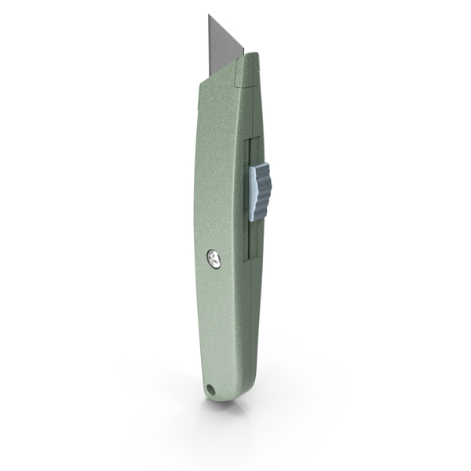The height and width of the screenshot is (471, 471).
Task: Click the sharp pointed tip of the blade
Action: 210,16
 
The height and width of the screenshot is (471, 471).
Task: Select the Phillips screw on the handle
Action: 215,257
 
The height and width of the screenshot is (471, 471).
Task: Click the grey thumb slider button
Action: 261,191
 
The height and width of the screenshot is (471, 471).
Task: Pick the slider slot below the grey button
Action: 252,239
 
